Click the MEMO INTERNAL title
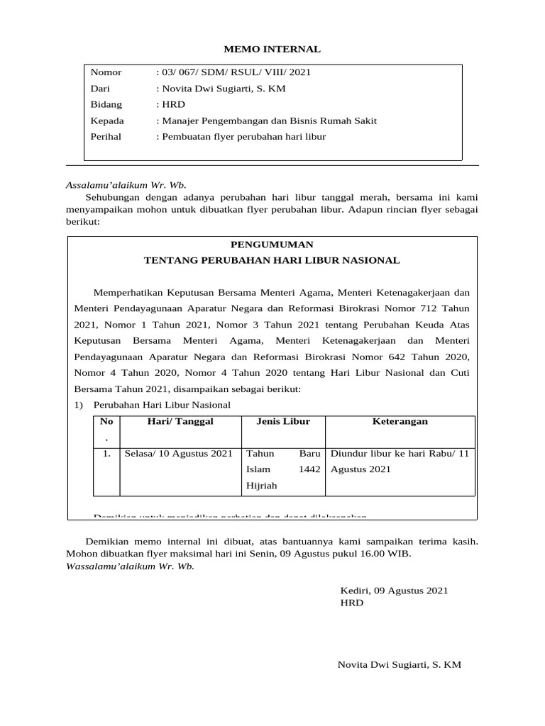(272, 50)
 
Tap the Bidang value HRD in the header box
(172, 105)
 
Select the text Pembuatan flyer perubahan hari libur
(242, 137)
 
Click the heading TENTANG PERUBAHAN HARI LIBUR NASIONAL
(272, 261)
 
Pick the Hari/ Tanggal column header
(180, 421)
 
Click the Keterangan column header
(400, 421)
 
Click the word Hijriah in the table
(261, 486)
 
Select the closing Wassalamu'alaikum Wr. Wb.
(130, 566)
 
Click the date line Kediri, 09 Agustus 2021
(395, 591)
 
